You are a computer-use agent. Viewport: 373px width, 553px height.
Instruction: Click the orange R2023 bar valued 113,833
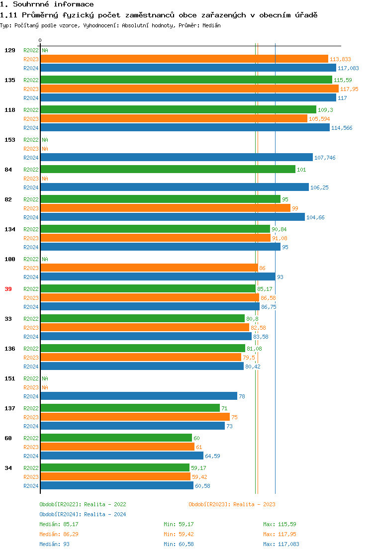[x=184, y=59]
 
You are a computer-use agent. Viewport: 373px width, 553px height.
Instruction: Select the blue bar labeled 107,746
[x=177, y=158]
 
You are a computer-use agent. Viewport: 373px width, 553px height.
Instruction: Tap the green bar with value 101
[x=168, y=170]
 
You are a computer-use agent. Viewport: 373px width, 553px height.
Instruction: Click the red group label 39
[x=8, y=289]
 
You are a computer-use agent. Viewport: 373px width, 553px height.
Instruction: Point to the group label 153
[x=9, y=140]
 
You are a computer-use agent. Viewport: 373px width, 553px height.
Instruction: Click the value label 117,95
[x=349, y=89]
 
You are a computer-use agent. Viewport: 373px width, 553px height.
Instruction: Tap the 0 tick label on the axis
[x=40, y=40]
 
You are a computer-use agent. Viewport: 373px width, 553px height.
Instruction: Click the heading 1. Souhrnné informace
[x=47, y=4]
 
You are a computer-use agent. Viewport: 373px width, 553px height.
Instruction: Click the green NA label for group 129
[x=45, y=50]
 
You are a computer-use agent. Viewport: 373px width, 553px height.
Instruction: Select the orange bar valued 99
[x=165, y=208]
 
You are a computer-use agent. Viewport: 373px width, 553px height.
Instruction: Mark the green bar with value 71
[x=130, y=408]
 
